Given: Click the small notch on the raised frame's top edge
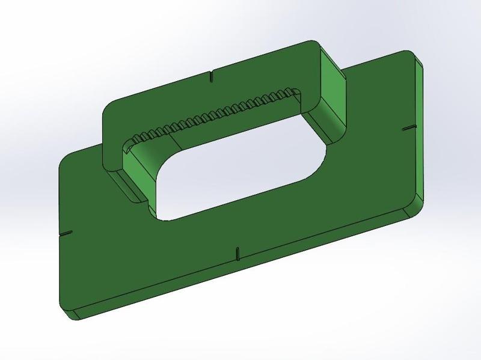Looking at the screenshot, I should (211, 77).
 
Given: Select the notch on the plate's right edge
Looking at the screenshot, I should (408, 129).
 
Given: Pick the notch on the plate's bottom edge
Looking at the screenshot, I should (237, 252).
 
